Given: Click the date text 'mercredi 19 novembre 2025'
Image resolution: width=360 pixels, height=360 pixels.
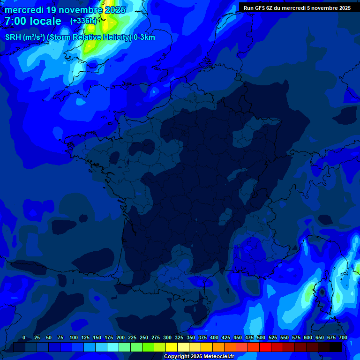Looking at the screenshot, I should point(65,10).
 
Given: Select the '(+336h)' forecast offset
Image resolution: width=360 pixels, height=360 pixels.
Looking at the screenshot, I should point(83,21).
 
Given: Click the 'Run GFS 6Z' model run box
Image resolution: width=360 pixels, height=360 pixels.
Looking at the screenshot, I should point(297,7).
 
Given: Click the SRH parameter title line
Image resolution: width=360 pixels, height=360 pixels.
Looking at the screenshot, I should point(80,37).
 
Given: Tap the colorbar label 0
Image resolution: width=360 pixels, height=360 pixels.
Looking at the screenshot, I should point(24,337).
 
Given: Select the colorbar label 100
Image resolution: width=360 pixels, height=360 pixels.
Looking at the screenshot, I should point(74,337).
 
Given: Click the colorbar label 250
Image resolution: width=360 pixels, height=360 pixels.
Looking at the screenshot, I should point(144,337).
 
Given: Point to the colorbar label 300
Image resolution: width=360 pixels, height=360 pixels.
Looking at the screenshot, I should point(167,337).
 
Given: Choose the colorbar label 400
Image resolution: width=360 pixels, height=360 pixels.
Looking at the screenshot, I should point(214,337).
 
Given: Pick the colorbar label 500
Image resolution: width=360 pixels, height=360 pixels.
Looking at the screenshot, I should point(261,337).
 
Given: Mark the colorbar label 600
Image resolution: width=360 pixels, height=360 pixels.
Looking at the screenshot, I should point(308,337).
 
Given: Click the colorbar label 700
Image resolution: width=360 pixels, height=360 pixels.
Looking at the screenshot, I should point(343,337).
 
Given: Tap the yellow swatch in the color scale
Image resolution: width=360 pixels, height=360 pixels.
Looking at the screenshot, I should point(172,347).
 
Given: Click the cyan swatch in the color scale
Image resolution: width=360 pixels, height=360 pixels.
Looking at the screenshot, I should point(113,347).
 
